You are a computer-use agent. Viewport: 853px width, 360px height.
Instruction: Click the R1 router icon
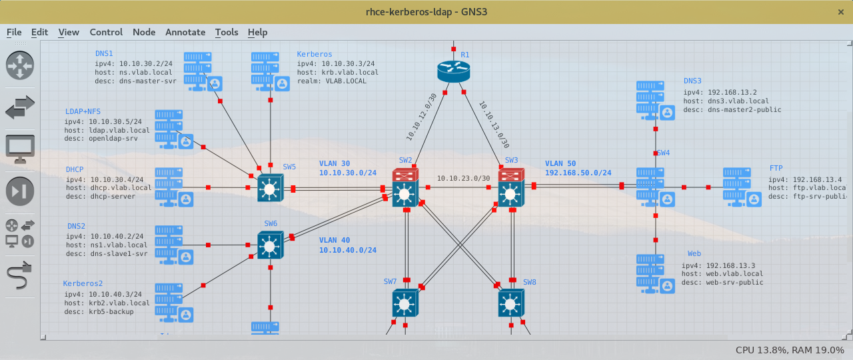(454, 70)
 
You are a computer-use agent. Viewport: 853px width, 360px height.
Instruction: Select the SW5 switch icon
(270, 189)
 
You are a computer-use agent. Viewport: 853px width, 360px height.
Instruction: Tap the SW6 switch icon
(270, 246)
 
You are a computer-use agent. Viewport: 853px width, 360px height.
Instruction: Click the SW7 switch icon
(404, 304)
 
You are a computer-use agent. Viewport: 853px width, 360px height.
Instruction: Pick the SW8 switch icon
(510, 304)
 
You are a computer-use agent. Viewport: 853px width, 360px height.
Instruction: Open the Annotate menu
(185, 32)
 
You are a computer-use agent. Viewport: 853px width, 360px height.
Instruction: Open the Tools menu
(227, 32)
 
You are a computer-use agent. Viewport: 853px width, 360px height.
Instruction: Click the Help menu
(257, 32)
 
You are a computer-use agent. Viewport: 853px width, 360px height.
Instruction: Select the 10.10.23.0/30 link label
(463, 178)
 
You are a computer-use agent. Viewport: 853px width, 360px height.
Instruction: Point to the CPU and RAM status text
(790, 350)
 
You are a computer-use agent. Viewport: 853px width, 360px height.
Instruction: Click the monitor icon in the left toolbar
(20, 149)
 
